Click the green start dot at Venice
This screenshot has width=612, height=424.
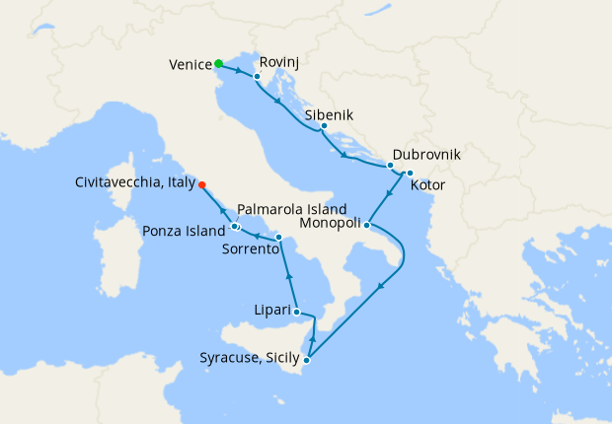218,65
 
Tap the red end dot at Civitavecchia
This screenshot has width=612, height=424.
201,184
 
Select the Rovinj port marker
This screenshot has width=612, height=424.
257,76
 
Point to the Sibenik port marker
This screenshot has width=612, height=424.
324,126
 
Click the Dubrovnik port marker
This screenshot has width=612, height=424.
390,166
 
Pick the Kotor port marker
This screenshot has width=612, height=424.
409,174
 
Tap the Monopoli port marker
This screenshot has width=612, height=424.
366,224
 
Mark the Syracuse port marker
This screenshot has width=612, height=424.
307,359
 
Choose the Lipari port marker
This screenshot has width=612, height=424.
296,312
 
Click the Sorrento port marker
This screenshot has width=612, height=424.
279,238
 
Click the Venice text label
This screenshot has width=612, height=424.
191,65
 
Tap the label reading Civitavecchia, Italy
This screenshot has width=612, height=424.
134,183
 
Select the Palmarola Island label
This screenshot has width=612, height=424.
292,210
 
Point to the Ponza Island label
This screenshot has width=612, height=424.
185,232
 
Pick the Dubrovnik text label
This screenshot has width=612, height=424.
426,156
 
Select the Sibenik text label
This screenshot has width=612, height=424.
330,114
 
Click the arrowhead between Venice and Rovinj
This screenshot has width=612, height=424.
239,70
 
